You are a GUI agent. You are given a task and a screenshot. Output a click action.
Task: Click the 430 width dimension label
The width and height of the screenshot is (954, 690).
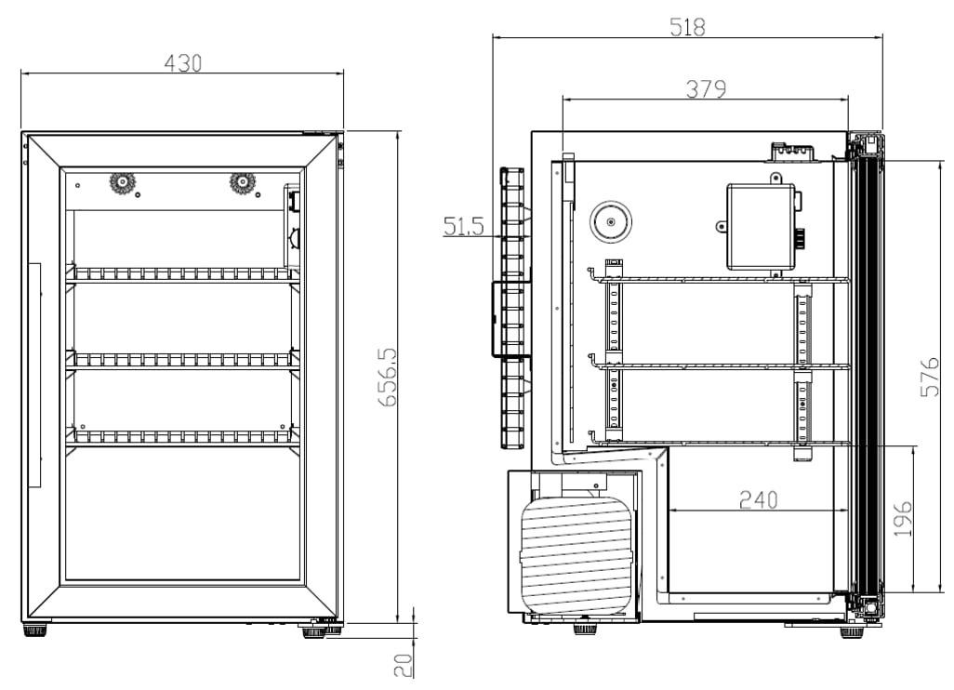pyautogui.click(x=183, y=62)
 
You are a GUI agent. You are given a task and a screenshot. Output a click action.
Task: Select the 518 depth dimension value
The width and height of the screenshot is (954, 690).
pyautogui.click(x=687, y=26)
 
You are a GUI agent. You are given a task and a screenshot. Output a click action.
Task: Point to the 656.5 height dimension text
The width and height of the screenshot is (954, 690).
pyautogui.click(x=389, y=377)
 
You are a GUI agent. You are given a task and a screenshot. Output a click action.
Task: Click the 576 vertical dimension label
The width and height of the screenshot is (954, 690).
pyautogui.click(x=930, y=376)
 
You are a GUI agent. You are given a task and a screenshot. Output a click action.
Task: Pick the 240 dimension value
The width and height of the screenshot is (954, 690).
pyautogui.click(x=758, y=499)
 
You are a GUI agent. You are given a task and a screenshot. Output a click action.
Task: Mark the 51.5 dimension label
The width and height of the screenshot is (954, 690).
pyautogui.click(x=463, y=226)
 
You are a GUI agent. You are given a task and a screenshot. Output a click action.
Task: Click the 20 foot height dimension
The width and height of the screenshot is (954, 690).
pyautogui.click(x=403, y=664)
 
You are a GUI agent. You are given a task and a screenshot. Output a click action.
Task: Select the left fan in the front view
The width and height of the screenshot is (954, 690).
pyautogui.click(x=121, y=182)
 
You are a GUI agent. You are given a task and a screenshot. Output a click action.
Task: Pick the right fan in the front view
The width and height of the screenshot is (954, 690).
pyautogui.click(x=243, y=182)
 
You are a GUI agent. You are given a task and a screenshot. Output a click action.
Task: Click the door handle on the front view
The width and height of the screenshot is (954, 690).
pyautogui.click(x=34, y=375)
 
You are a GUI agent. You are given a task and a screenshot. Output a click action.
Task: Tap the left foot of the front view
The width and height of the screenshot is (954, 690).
pyautogui.click(x=35, y=630)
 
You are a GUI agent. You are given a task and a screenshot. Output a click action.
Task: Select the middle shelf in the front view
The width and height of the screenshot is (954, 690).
pyautogui.click(x=183, y=359)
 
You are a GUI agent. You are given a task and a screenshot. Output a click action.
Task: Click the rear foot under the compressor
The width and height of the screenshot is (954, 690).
pyautogui.click(x=585, y=629)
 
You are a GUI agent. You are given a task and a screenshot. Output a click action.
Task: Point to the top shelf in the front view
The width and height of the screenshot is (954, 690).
pyautogui.click(x=183, y=274)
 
